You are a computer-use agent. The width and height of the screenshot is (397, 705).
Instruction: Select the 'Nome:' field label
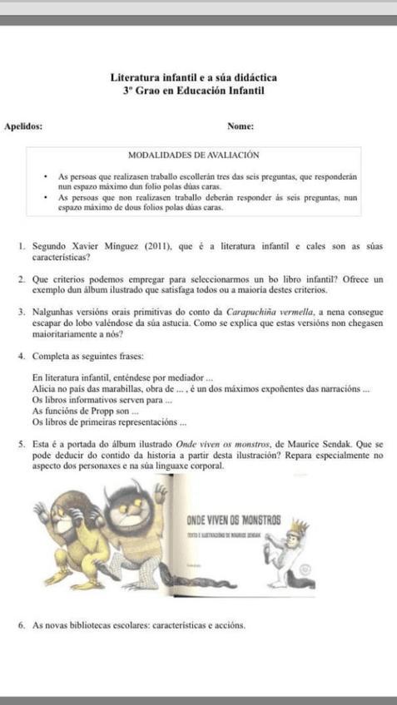point(240,126)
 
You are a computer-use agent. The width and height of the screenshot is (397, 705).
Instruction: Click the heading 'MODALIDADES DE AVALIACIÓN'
point(196,155)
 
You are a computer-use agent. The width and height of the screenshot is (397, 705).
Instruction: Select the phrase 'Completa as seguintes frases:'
point(80,357)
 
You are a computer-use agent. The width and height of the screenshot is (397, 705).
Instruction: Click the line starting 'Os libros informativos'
point(96,399)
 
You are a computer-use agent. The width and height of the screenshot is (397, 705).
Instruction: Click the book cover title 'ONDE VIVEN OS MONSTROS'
point(234,519)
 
